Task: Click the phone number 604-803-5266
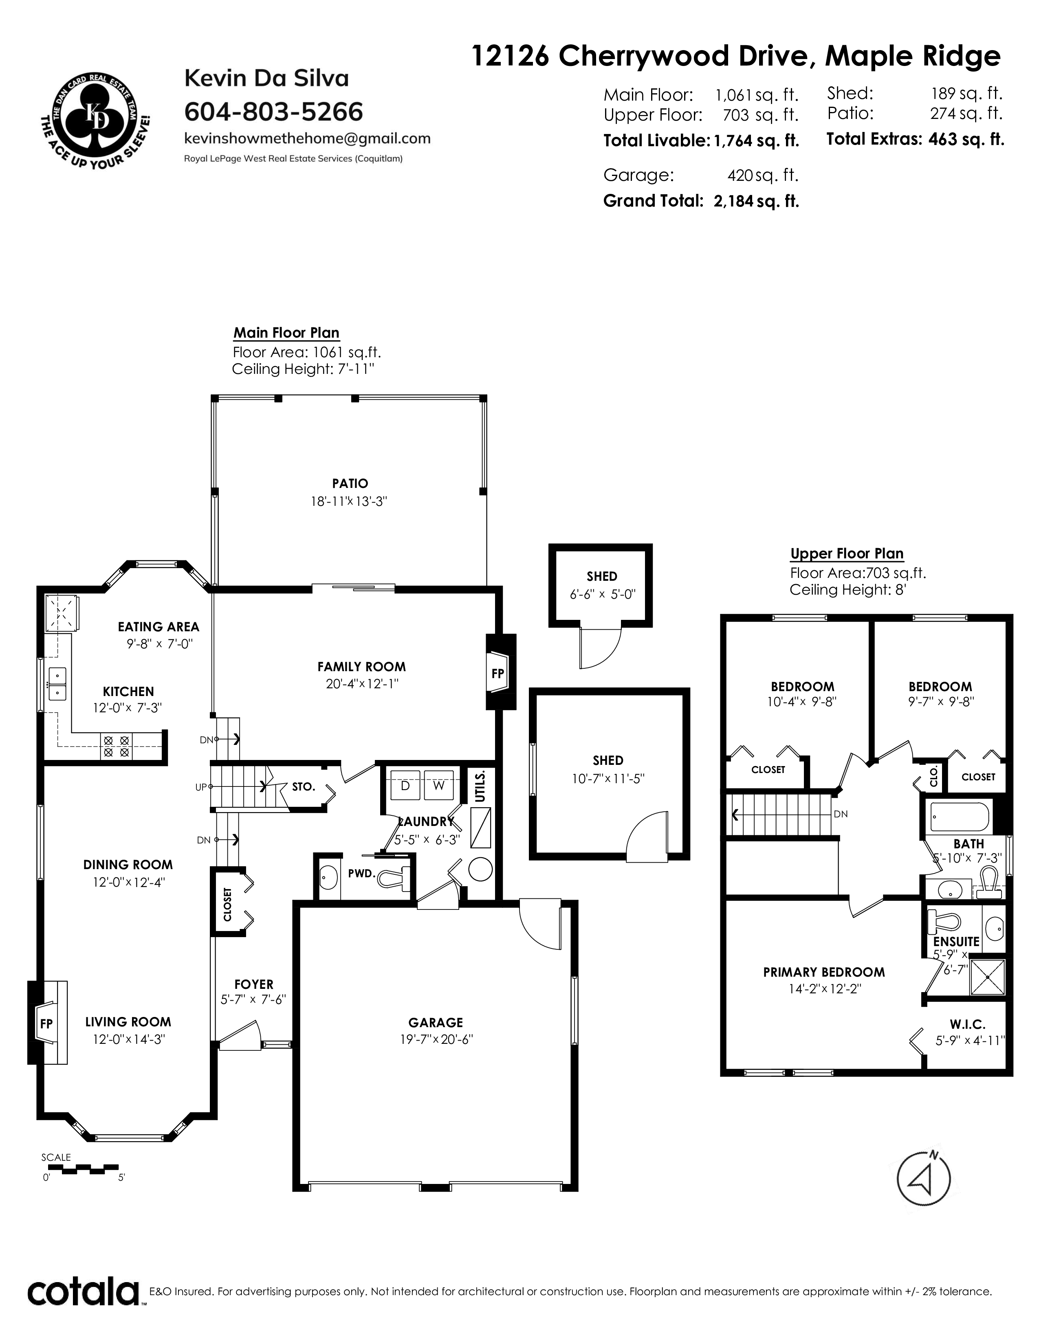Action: pyautogui.click(x=274, y=112)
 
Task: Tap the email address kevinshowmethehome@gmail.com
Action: pyautogui.click(x=308, y=138)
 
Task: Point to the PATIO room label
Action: pyautogui.click(x=350, y=484)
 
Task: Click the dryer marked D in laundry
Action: pyautogui.click(x=405, y=785)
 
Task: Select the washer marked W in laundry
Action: pyautogui.click(x=438, y=785)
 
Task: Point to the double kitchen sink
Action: pyautogui.click(x=58, y=684)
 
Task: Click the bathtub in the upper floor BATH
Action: pyautogui.click(x=960, y=817)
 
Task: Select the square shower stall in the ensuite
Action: pyautogui.click(x=987, y=977)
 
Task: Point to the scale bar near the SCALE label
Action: pyautogui.click(x=80, y=1167)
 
